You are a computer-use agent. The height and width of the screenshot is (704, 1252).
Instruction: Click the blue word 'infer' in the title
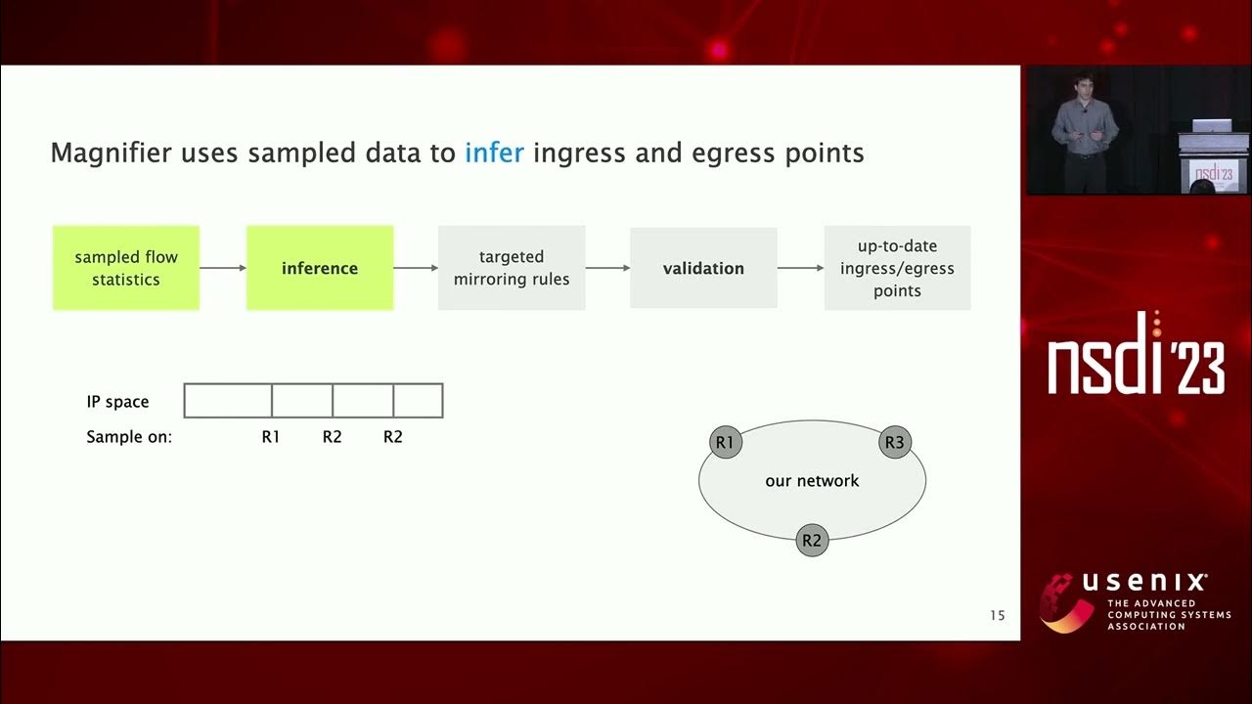click(494, 154)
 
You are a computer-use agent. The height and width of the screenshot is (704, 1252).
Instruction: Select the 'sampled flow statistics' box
click(126, 268)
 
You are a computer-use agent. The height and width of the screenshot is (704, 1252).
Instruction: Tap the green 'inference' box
click(320, 268)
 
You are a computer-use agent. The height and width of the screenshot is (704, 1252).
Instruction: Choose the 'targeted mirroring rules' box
click(512, 268)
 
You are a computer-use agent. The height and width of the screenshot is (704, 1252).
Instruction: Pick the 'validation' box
click(703, 268)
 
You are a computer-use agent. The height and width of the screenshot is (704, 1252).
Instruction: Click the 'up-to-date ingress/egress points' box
click(897, 268)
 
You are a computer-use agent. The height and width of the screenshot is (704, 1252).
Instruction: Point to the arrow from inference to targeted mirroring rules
click(416, 268)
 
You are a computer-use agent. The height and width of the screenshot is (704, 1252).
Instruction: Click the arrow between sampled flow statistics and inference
click(223, 268)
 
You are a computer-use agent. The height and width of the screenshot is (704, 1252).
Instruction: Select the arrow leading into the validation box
click(607, 268)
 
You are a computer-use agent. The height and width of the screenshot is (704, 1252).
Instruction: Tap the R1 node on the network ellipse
click(725, 443)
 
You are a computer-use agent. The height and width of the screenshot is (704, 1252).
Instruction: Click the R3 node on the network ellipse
click(894, 443)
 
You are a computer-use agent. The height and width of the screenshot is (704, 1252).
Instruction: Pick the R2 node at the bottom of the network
click(812, 540)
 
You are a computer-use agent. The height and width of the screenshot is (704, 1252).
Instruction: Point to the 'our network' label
click(812, 481)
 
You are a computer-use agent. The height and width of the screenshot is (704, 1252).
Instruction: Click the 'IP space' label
click(117, 402)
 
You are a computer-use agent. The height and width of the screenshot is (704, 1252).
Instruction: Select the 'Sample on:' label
click(129, 437)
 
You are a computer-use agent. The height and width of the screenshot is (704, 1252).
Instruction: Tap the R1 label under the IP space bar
click(271, 437)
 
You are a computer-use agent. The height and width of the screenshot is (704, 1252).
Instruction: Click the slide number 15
click(997, 615)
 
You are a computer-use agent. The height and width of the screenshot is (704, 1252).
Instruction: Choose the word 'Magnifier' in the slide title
click(112, 154)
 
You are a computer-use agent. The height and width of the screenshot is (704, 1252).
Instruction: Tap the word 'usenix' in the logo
click(1144, 584)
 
